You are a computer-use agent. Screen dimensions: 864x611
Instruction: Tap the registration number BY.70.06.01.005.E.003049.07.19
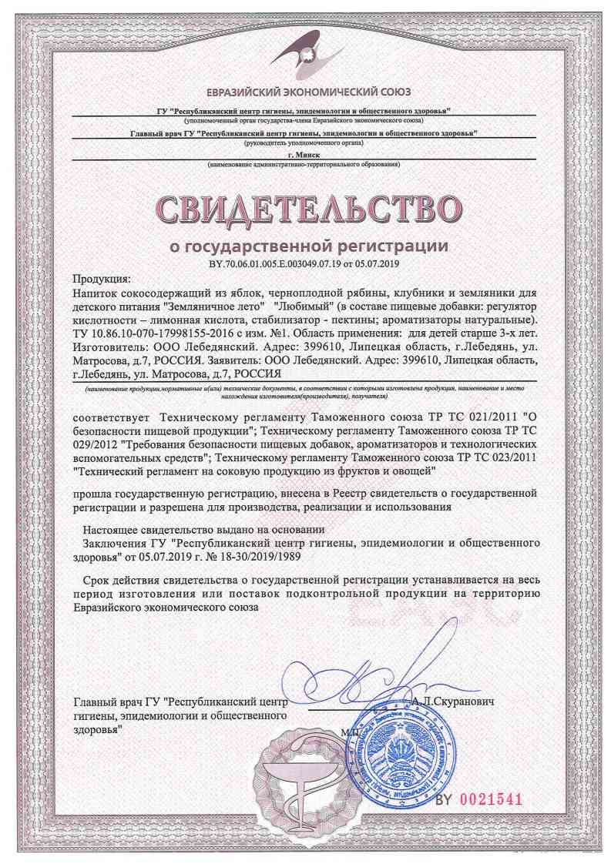point(266,263)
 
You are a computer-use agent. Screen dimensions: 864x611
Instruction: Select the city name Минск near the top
point(307,155)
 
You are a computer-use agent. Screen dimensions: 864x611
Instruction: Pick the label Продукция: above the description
point(102,279)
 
